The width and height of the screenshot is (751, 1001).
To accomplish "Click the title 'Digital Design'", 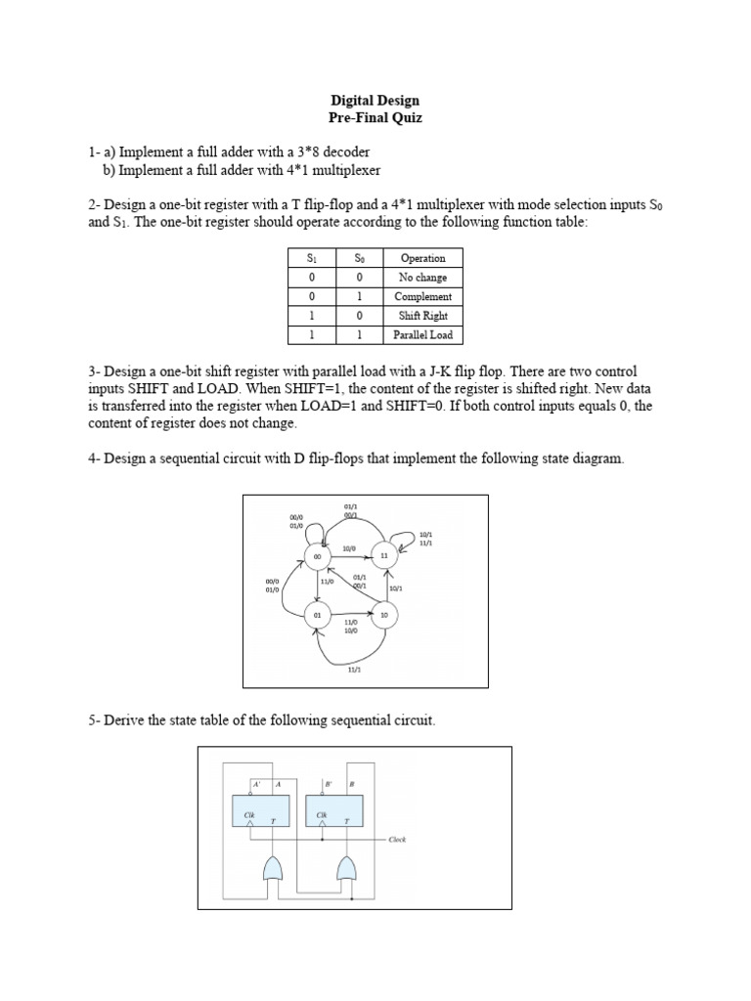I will click(375, 100).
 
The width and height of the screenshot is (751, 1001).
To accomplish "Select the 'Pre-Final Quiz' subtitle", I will click(375, 118).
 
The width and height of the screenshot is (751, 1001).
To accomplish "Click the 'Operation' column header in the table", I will click(422, 258).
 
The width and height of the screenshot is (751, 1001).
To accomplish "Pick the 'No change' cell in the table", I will click(422, 278).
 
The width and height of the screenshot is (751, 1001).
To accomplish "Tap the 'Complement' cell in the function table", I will click(422, 296).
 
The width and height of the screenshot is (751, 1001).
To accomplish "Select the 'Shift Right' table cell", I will click(422, 316).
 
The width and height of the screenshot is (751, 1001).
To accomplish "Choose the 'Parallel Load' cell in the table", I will click(422, 334).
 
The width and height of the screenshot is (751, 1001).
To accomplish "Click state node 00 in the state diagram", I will click(317, 557).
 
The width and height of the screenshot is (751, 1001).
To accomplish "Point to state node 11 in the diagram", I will click(384, 556).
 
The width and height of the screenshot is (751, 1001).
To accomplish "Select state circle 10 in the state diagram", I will click(384, 615).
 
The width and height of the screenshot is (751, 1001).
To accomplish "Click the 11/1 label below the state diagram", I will click(354, 670).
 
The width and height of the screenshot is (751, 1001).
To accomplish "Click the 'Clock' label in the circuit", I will click(397, 840).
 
